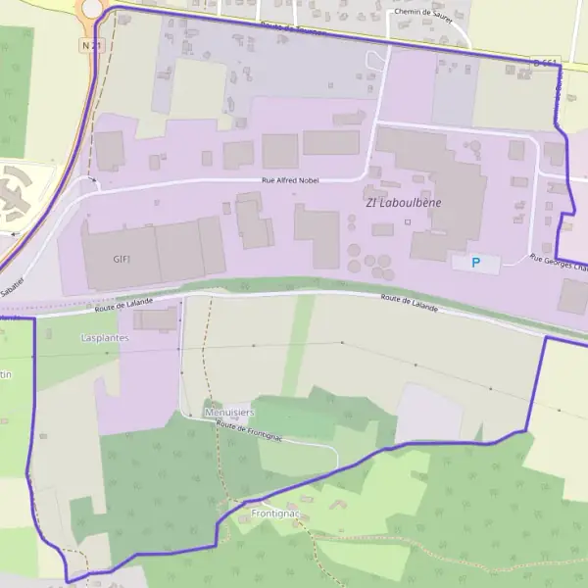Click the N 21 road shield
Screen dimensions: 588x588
(91, 44)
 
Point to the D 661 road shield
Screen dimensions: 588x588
(547, 63)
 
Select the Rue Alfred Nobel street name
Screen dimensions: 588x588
(290, 180)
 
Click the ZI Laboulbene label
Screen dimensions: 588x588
(403, 202)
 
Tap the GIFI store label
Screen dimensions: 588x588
(122, 259)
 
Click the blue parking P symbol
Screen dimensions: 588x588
(476, 262)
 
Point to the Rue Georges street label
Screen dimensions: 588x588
(559, 263)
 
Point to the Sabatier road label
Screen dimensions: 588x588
(12, 286)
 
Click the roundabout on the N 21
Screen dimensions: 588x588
(92, 8)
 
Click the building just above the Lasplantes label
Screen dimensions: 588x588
(156, 319)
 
